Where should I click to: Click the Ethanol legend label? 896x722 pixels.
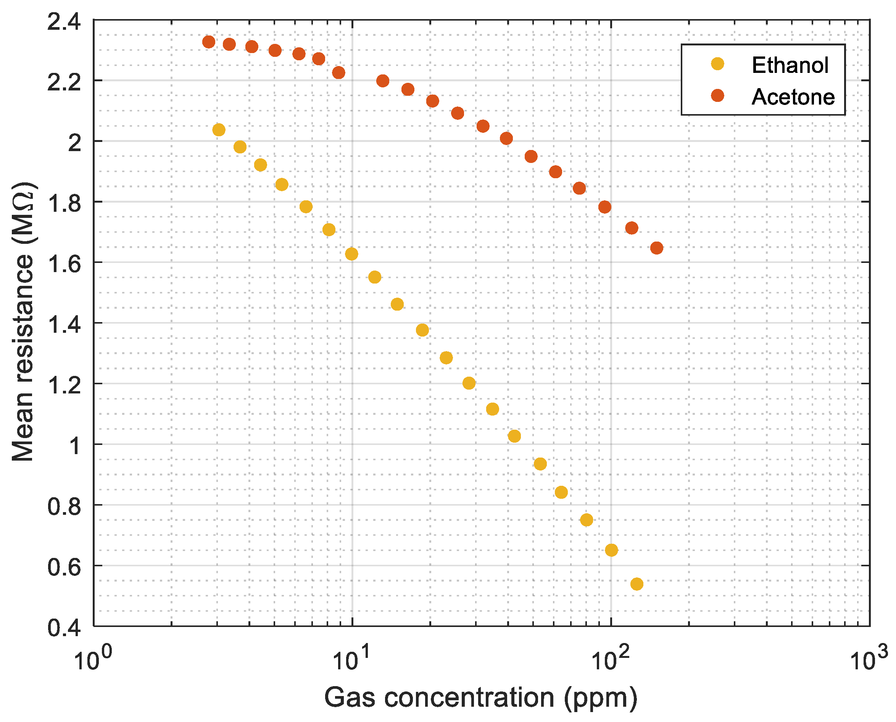[x=790, y=65]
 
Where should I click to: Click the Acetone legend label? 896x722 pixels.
[x=793, y=97]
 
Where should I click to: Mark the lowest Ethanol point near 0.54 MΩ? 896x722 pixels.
[x=636, y=584]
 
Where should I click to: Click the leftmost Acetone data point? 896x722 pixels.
[x=208, y=42]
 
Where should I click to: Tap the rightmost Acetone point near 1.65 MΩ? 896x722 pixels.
[x=656, y=248]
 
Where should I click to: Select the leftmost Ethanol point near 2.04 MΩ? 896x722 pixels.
[x=219, y=130]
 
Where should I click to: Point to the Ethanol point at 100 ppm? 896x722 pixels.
[x=611, y=550]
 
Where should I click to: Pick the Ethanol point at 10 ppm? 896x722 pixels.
[x=351, y=254]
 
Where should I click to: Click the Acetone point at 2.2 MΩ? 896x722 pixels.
[x=382, y=81]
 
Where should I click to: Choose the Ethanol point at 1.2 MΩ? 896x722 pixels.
[x=469, y=383]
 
